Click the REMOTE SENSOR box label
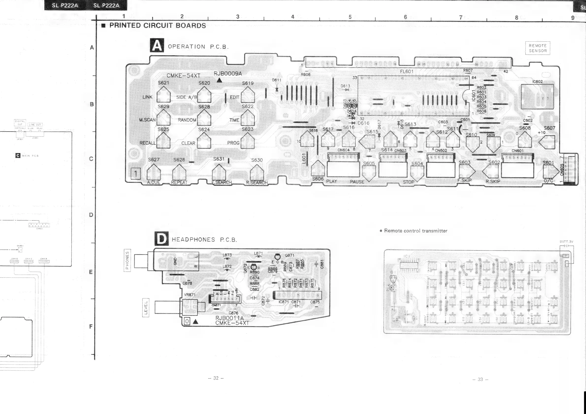click(x=538, y=48)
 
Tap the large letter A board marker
click(x=157, y=45)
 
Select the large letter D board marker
click(x=161, y=239)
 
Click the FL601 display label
click(x=407, y=72)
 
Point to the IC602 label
click(x=537, y=82)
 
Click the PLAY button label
click(x=332, y=181)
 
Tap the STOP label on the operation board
click(x=408, y=182)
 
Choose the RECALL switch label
click(x=147, y=143)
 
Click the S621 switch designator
click(x=163, y=83)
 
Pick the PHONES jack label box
click(x=127, y=260)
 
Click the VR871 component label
click(x=190, y=295)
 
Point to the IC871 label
click(x=284, y=302)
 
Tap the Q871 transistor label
click(x=289, y=255)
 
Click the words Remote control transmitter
click(x=415, y=231)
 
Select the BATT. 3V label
click(x=566, y=242)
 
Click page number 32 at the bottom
click(x=216, y=378)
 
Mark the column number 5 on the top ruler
click(x=350, y=17)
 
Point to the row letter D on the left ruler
click(x=91, y=215)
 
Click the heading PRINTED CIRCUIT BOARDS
click(x=158, y=26)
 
